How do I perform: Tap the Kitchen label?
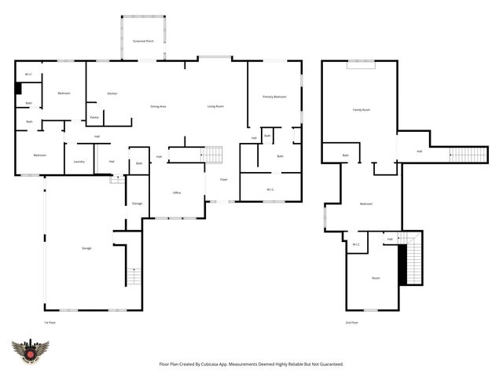tap(112, 93)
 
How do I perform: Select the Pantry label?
tap(94, 118)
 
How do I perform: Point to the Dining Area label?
tap(158, 106)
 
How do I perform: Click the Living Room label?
tap(215, 106)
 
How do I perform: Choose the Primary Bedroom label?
tap(274, 97)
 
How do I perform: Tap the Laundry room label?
tap(79, 162)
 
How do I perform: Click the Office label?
tap(178, 192)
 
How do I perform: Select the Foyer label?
tap(224, 179)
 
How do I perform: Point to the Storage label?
tap(137, 203)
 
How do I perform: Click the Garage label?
tap(86, 248)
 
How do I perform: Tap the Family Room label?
tap(361, 110)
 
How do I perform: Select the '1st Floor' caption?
tap(50, 323)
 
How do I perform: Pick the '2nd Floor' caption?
tap(351, 323)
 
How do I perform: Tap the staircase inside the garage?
tap(133, 276)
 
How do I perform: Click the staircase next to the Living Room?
tap(214, 155)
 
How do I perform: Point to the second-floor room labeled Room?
tap(376, 278)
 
